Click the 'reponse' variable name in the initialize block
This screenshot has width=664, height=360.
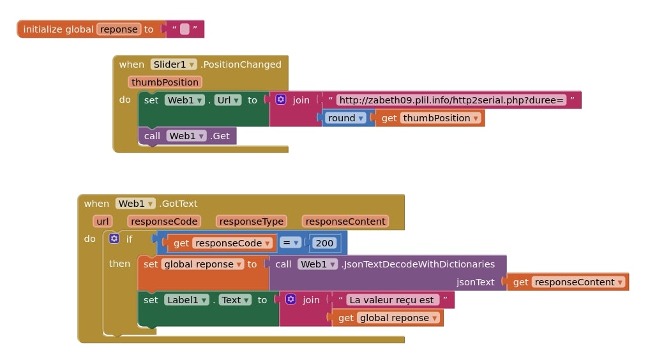[x=119, y=29]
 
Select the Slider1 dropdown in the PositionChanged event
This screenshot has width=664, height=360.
[x=174, y=64]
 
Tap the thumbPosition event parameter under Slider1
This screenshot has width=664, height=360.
[x=165, y=82]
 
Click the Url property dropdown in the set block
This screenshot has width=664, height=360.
[x=228, y=100]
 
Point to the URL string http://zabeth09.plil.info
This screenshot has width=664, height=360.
[x=451, y=100]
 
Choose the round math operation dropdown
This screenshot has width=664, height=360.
[x=346, y=118]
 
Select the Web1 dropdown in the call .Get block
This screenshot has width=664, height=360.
[x=186, y=136]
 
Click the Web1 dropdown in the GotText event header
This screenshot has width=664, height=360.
[x=135, y=204]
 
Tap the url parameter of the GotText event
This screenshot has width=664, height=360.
[x=103, y=221]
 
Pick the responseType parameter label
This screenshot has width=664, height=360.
[x=251, y=221]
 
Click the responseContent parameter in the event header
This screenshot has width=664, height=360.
[x=345, y=221]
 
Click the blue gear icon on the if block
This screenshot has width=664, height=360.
[x=114, y=239]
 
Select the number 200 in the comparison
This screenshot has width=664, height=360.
[x=324, y=243]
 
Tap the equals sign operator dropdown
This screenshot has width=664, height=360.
[x=290, y=243]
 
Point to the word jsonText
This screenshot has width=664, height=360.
[x=475, y=282]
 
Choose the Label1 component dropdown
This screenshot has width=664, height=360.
[x=186, y=300]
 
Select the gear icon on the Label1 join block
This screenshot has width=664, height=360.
[x=291, y=299]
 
